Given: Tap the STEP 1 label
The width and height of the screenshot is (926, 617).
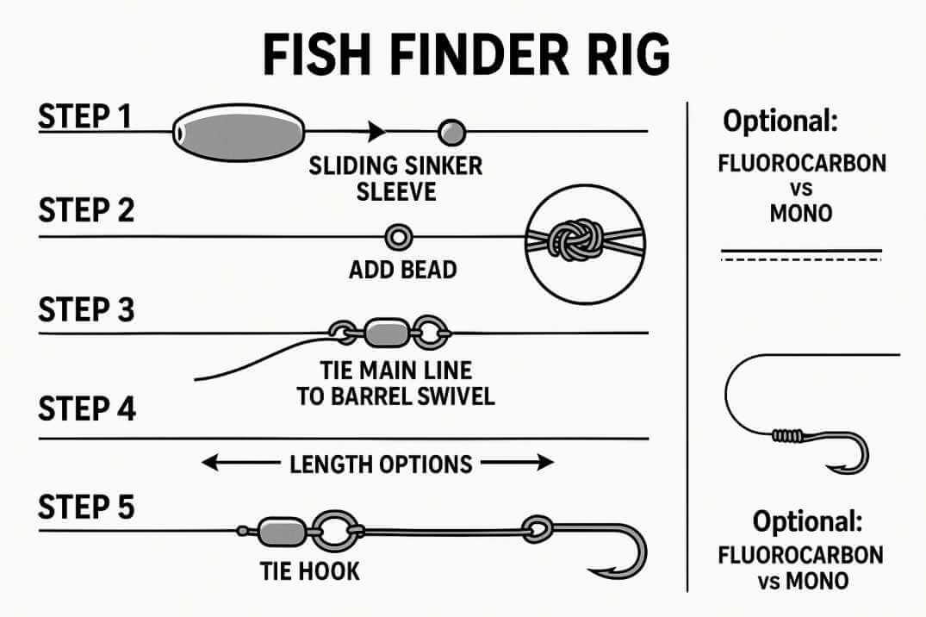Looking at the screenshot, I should click(x=85, y=116).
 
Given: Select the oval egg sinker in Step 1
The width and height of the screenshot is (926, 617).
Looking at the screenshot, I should click(x=239, y=132).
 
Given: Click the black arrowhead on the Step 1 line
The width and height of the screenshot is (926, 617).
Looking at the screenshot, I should click(x=376, y=132).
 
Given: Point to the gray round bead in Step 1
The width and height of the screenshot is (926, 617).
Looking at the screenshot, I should click(x=451, y=132).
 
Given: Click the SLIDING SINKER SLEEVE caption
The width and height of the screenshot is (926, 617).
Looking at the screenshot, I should click(x=395, y=178).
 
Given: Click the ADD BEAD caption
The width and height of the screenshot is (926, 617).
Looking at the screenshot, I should click(x=402, y=270).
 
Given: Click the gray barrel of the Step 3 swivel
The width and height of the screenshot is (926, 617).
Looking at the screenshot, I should click(x=382, y=332).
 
